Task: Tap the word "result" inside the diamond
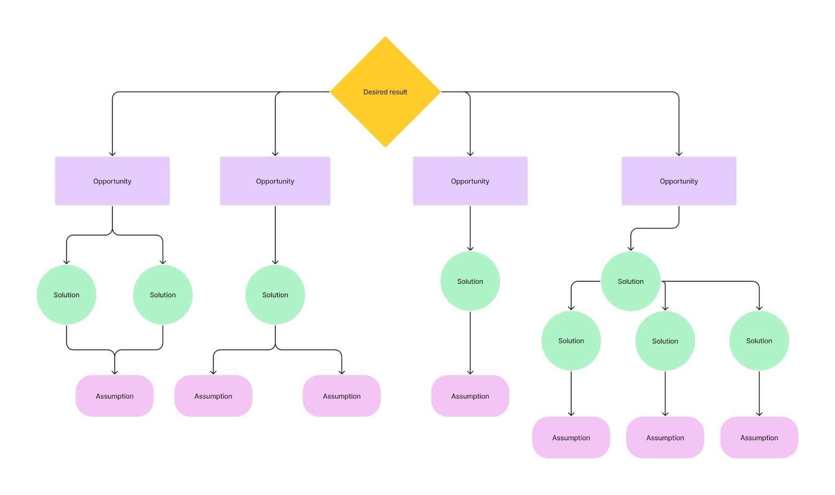click(397, 92)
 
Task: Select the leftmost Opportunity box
click(112, 181)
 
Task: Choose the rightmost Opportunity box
click(678, 181)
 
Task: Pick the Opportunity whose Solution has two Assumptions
click(275, 181)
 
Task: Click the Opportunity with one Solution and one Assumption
click(470, 181)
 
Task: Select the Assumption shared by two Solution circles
click(114, 396)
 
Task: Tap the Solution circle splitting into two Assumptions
click(275, 294)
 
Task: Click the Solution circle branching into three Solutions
click(630, 281)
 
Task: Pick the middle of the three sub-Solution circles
click(665, 341)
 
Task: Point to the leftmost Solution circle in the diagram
click(66, 294)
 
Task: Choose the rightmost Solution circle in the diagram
click(759, 340)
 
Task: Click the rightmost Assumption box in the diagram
click(759, 438)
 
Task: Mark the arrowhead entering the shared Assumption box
click(114, 372)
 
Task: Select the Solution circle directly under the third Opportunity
click(470, 281)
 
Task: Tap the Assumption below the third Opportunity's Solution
click(470, 396)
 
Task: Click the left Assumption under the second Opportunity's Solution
click(213, 396)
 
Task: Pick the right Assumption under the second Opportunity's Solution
click(341, 396)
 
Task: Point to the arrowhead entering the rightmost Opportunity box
click(678, 154)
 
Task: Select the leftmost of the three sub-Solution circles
click(571, 340)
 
